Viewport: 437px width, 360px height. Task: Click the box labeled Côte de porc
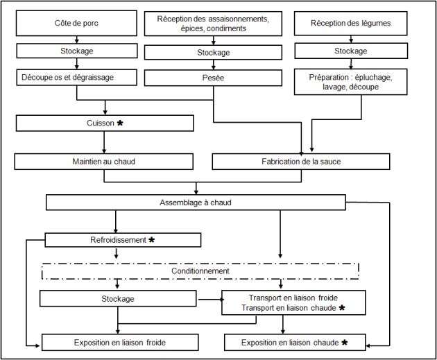76,23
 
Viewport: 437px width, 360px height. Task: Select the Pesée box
213,78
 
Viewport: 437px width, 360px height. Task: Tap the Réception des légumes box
350,24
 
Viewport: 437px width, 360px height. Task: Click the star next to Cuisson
120,123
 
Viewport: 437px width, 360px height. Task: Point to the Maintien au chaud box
103,162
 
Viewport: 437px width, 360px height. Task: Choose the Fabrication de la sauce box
301,162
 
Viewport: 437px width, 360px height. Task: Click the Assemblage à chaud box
196,203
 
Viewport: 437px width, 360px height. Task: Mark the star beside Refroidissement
151,239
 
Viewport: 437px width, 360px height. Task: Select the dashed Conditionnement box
200,271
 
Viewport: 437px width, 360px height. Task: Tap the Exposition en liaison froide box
120,342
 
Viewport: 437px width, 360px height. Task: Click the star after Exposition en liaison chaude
345,342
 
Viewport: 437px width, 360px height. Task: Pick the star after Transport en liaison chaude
342,307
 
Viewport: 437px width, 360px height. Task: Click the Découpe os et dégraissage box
76,77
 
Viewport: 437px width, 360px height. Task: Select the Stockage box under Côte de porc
76,51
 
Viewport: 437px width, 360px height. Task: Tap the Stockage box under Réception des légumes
351,51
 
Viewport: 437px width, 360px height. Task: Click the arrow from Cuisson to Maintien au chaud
104,142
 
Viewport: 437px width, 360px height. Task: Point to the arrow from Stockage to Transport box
210,300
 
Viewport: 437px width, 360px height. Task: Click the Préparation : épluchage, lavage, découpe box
350,82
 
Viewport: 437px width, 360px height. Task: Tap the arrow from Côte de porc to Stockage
76,40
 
